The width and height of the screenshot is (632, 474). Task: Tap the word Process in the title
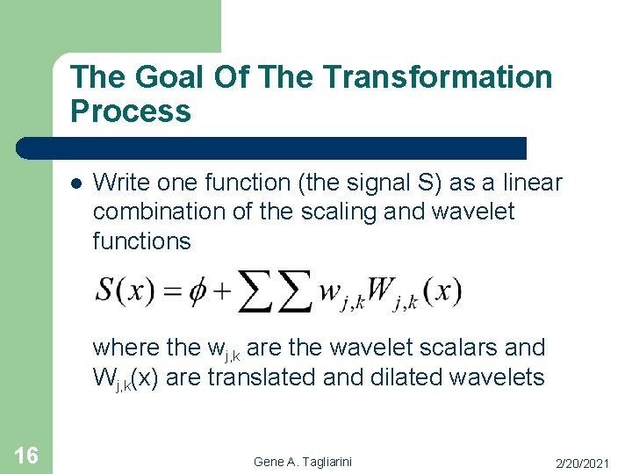pyautogui.click(x=130, y=111)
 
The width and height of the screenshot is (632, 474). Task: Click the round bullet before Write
pyautogui.click(x=75, y=184)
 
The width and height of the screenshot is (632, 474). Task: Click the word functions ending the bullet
pyautogui.click(x=141, y=241)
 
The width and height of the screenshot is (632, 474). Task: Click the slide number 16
pyautogui.click(x=26, y=455)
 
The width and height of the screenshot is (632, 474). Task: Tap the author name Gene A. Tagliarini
pyautogui.click(x=300, y=461)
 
